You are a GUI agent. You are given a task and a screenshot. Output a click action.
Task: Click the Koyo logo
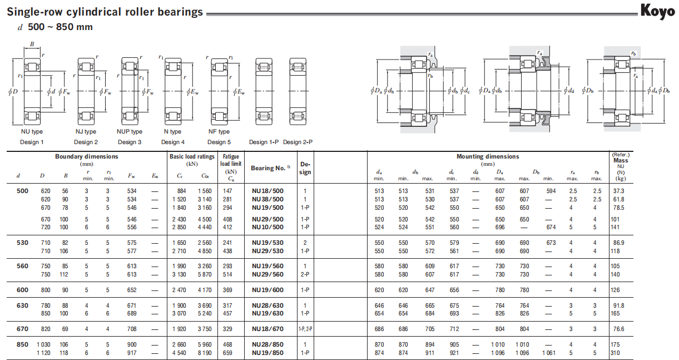coord(657,11)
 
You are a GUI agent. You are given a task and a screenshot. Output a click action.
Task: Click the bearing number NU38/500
coord(267,199)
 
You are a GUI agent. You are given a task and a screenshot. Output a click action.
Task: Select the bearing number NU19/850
coord(267,353)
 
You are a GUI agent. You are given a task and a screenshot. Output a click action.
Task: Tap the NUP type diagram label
coord(129,132)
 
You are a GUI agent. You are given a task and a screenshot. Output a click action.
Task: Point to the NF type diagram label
coord(219,132)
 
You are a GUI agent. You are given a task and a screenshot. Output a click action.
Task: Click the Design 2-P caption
coord(298,142)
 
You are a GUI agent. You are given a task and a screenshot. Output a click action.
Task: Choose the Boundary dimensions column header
coord(86,157)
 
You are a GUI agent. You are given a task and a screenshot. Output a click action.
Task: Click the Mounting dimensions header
coord(488,157)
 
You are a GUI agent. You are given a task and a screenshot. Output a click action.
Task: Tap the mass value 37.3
coord(618,191)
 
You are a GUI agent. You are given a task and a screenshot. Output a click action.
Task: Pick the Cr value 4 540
coord(179,353)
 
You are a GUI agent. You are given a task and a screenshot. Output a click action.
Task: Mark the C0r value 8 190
coord(204,353)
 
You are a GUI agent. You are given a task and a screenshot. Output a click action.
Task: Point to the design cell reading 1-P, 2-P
coord(305,329)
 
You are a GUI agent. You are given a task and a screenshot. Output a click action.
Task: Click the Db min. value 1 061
coord(548,353)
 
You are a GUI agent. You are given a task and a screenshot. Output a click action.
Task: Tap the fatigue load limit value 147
coord(229,191)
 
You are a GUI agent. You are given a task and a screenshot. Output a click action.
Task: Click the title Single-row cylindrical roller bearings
coord(105,12)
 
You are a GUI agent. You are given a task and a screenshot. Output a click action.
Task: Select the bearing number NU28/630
coord(267,305)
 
